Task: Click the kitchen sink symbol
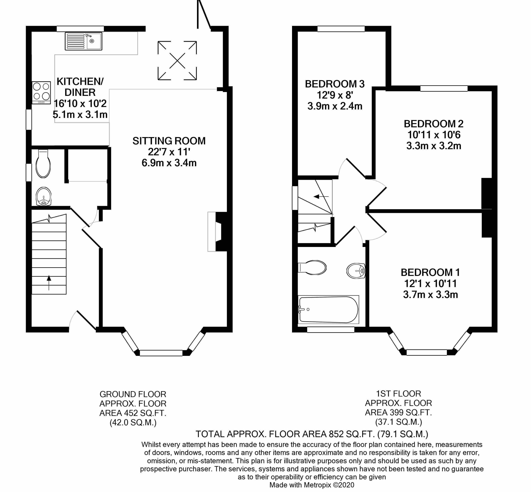(84, 41)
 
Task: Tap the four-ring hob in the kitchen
(41, 92)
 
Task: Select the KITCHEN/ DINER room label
(80, 87)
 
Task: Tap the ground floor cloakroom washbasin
(43, 197)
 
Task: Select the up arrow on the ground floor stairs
(49, 282)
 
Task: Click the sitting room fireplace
(217, 231)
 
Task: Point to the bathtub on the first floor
(328, 309)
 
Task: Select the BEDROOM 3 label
(335, 84)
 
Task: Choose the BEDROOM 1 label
(430, 272)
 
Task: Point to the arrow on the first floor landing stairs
(321, 197)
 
